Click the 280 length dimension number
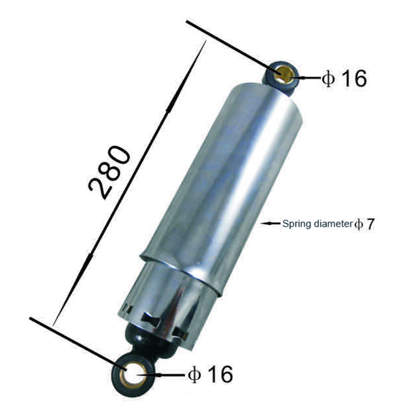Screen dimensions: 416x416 point(109,173)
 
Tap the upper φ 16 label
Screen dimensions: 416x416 point(344,78)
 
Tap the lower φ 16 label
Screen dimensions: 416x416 point(210,374)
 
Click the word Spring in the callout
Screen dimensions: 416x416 point(297,224)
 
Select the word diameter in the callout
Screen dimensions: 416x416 point(333,224)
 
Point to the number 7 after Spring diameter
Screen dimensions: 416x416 point(370,224)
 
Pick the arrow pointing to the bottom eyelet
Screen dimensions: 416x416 point(161,375)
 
